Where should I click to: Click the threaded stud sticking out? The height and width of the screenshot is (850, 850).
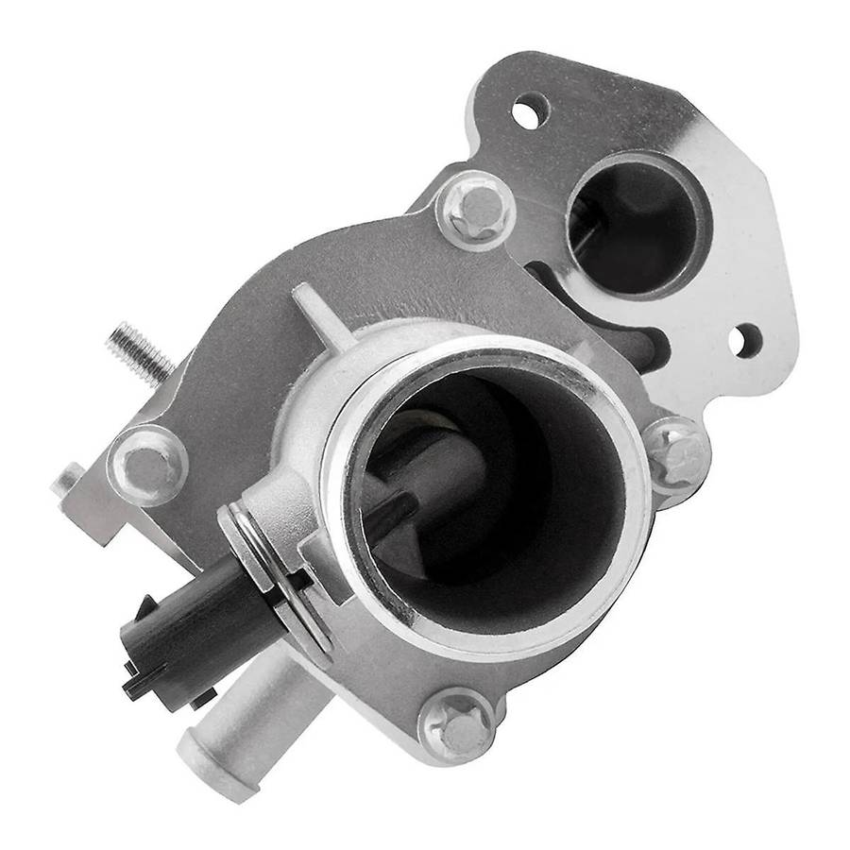pos(140,350)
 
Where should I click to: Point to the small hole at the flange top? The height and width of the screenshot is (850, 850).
pos(530,112)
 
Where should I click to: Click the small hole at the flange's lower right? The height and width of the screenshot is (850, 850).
pos(746,341)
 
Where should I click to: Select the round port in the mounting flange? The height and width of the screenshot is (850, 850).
pos(637,225)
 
